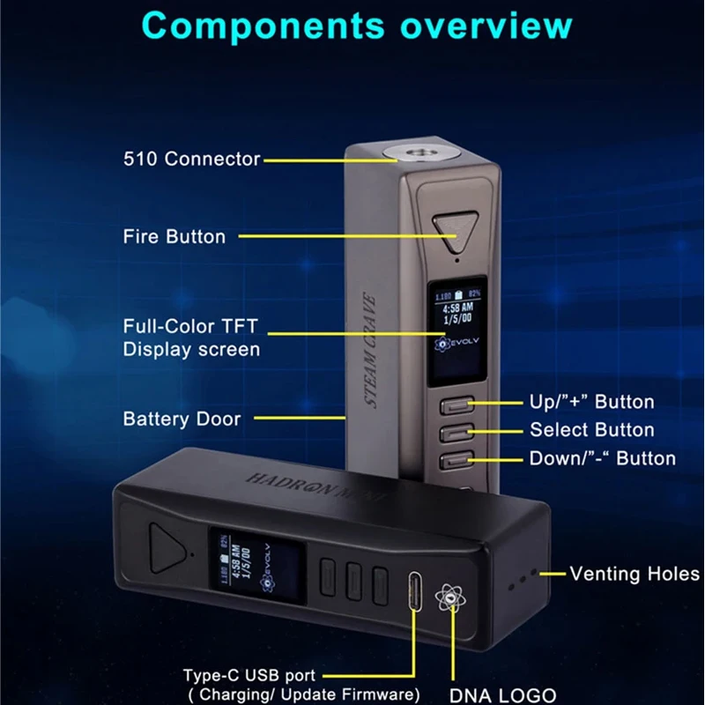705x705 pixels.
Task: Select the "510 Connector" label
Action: tap(191, 160)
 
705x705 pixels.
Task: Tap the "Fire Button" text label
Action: tap(174, 236)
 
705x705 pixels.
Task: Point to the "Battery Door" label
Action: tap(182, 419)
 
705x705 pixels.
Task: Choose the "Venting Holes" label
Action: tap(634, 574)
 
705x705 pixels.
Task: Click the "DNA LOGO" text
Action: tap(502, 694)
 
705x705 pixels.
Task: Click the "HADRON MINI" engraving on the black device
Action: tap(316, 486)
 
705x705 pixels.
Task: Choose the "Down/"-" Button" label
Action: tap(602, 458)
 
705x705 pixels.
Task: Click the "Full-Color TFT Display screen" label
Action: tap(191, 338)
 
